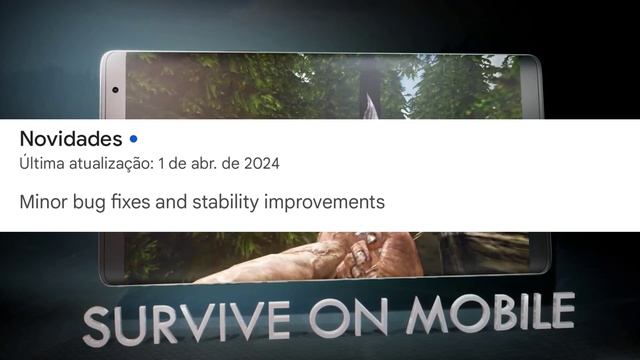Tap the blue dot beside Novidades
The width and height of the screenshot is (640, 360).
point(134,138)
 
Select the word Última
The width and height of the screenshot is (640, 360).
point(40,162)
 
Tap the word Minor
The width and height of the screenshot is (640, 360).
point(43,202)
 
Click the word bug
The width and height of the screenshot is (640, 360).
point(93,203)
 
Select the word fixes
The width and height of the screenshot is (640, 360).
point(136,202)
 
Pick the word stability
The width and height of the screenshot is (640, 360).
point(230,203)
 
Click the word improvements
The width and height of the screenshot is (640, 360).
point(326,203)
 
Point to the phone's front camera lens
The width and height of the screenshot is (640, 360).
point(116,90)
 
